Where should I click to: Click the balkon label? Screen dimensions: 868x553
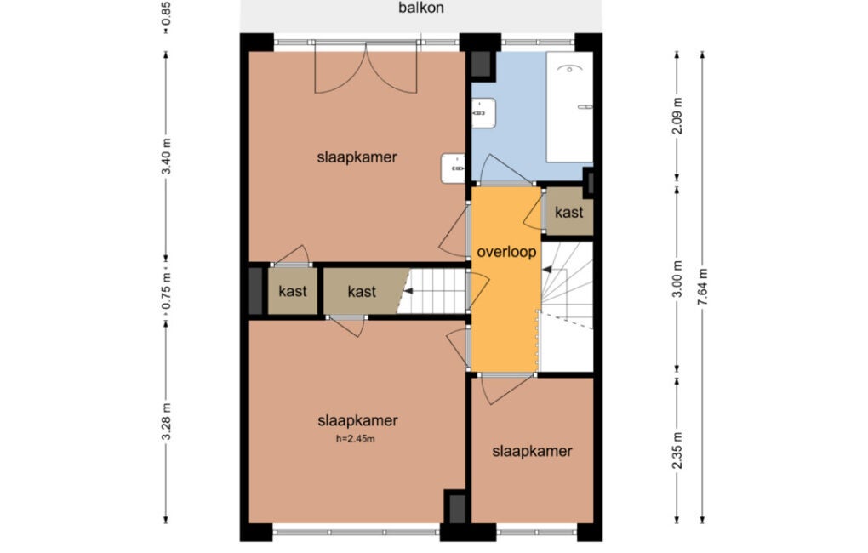coord(420,8)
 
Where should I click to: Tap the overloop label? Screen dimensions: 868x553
coord(506,252)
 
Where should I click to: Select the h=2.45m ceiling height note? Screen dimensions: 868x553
coord(356,439)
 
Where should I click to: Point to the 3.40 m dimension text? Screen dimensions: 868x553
coord(166,156)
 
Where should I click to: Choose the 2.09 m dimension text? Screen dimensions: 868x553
coord(677,116)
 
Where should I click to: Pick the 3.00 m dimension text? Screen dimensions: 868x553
coord(677,278)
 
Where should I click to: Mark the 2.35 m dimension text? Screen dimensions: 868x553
coord(677,449)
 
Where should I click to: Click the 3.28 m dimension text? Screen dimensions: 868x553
coord(166,422)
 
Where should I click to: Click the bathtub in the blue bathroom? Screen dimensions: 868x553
coord(569,107)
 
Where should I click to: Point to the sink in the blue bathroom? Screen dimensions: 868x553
coord(483,113)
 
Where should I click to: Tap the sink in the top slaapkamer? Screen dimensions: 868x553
coord(454,168)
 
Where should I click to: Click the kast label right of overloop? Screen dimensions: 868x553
coord(569,212)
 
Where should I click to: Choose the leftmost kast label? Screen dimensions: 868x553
coord(292,291)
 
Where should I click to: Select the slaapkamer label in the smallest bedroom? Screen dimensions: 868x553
coord(532,451)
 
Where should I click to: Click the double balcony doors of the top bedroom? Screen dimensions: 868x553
coord(366,67)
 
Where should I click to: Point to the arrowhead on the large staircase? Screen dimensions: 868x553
coord(547,270)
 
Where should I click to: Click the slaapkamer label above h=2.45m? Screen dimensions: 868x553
coord(357,420)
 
